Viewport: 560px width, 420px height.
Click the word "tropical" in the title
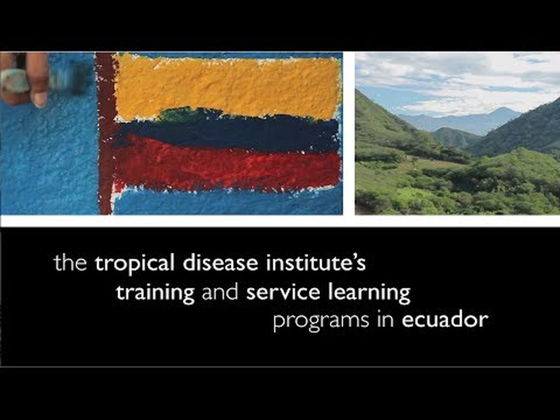(x=135, y=263)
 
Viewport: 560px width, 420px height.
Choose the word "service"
(x=283, y=293)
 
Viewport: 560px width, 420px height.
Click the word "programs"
(x=321, y=322)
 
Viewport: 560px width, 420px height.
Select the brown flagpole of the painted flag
(x=106, y=133)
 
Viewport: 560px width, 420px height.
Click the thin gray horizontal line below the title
(x=280, y=367)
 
